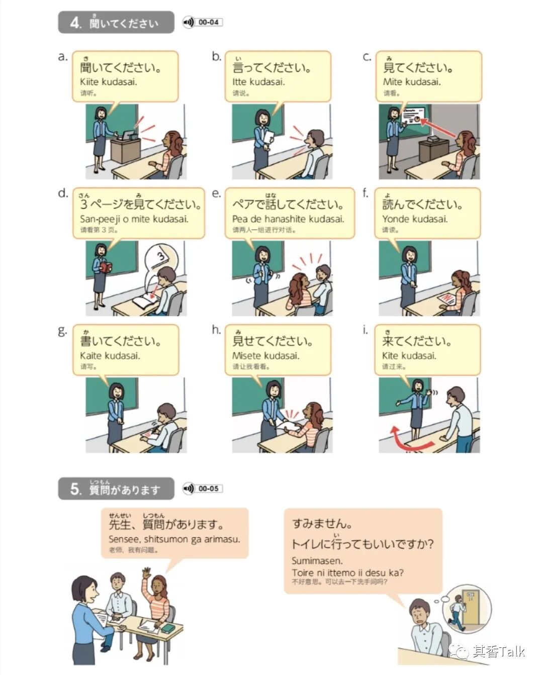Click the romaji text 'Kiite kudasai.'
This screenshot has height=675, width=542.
[x=108, y=82]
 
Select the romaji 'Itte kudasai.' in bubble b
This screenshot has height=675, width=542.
[x=258, y=82]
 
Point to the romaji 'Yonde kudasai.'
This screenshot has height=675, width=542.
[x=415, y=219]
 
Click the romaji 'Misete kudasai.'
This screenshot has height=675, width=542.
[x=265, y=356]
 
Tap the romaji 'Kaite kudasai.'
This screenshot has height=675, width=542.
[x=110, y=356]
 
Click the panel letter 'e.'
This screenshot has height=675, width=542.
[x=216, y=193]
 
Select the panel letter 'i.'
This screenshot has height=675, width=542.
[x=365, y=330]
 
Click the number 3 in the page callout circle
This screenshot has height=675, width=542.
[x=161, y=256]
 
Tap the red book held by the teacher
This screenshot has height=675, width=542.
[x=106, y=267]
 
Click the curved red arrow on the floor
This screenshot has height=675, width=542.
[x=410, y=440]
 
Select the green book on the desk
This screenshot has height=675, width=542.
[x=167, y=628]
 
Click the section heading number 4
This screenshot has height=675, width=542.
[x=75, y=23]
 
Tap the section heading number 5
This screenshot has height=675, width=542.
[x=75, y=489]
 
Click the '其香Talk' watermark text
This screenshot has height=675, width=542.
[x=499, y=651]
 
